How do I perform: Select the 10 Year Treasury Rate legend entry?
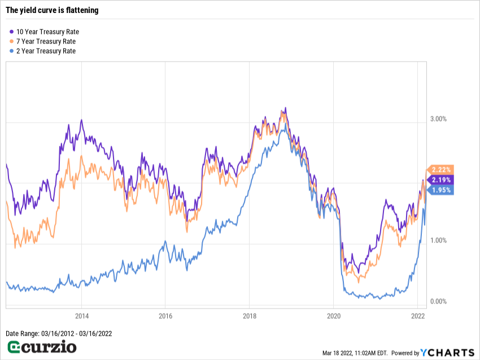point(51,32)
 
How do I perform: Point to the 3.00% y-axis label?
point(439,119)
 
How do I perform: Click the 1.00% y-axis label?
point(439,240)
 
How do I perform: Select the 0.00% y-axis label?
point(439,301)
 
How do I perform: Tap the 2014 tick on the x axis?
point(81,315)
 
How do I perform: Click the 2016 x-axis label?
point(165,315)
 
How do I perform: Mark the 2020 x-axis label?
point(333,315)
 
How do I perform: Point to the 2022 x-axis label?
point(417,315)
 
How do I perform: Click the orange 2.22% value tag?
point(440,170)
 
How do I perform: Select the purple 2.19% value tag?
point(440,180)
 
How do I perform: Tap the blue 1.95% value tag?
point(440,190)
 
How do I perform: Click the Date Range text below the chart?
point(59,333)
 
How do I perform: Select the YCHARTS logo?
point(447,353)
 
